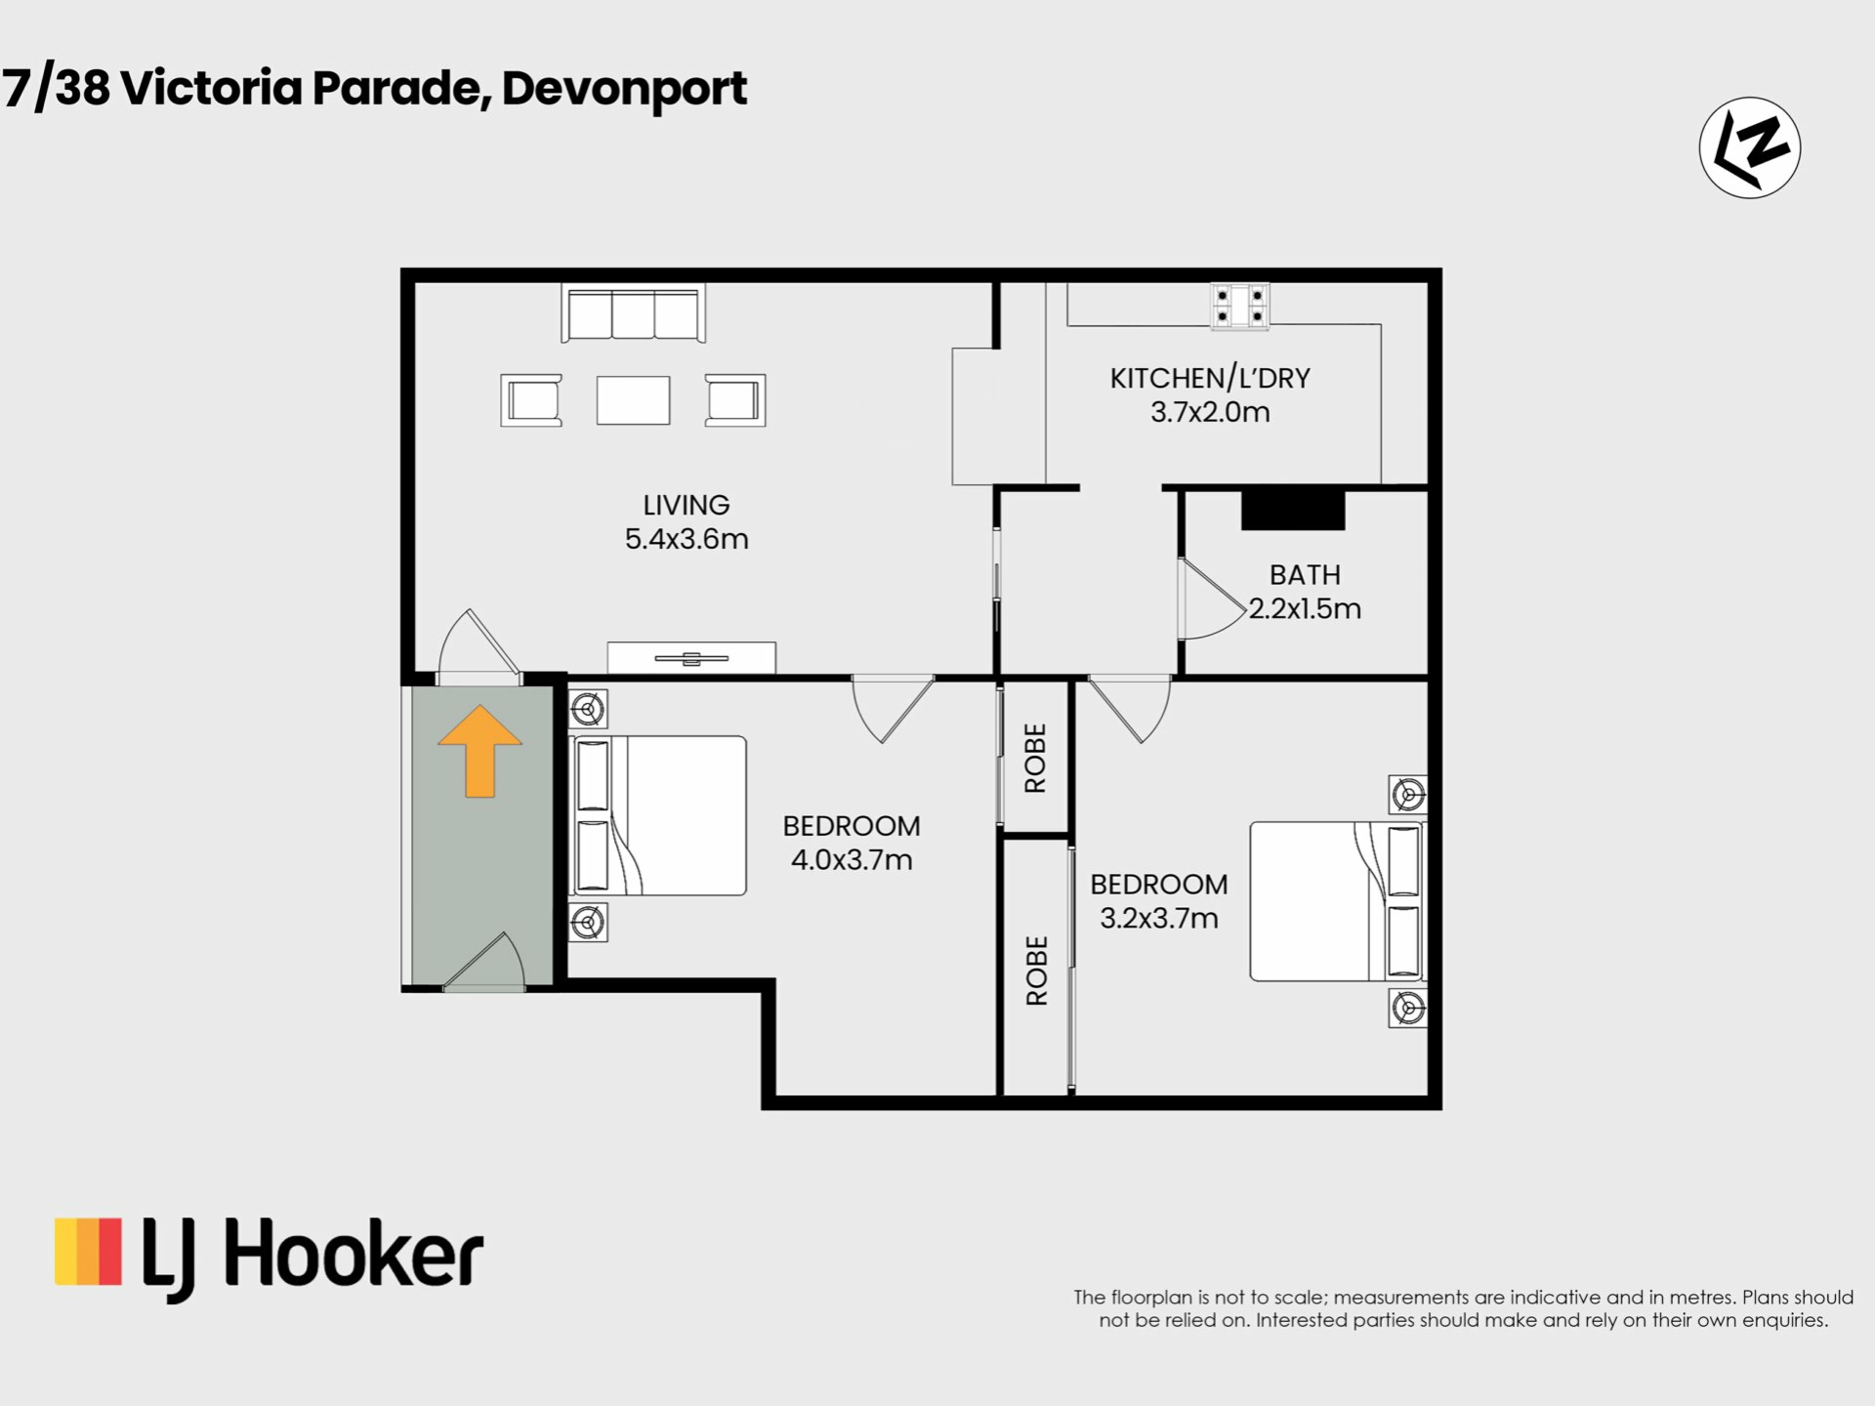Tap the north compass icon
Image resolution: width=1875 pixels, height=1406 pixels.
1749,148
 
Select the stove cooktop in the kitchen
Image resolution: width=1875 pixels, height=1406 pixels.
1240,306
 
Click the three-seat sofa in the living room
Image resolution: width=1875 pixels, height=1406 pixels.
633,313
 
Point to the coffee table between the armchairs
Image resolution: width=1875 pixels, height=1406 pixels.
633,400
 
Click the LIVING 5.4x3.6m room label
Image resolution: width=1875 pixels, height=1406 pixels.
687,522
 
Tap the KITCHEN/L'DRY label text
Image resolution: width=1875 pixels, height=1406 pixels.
1210,378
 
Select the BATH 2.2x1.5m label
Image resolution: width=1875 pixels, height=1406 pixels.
1305,592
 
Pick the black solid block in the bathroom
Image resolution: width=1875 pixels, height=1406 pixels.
1293,510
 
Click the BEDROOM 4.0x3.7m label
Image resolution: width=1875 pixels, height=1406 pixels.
852,843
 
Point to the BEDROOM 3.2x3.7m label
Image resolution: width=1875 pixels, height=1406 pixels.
1159,901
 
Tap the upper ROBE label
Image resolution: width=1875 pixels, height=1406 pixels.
1035,758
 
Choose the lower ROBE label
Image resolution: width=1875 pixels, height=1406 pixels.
1036,971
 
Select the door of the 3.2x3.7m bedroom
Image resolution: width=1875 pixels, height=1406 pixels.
1130,709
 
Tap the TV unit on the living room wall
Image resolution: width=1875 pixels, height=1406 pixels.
691,658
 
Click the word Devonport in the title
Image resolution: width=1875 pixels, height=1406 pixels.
625,89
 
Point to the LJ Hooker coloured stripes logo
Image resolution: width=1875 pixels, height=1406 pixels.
88,1251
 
